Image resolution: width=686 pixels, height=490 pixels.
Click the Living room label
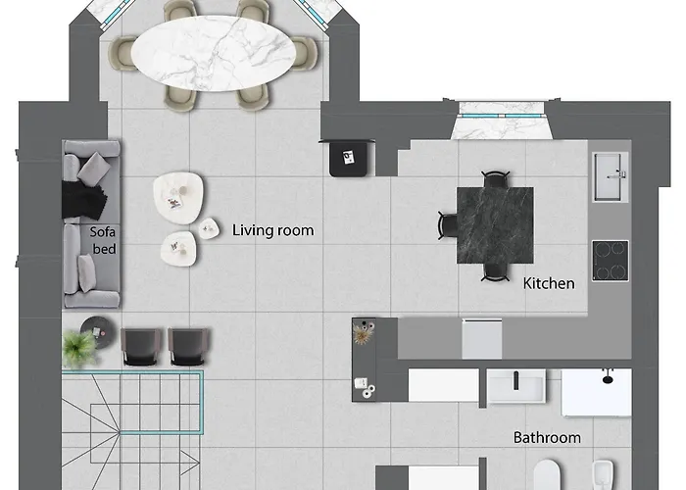[272, 230]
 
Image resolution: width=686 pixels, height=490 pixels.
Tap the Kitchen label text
[549, 283]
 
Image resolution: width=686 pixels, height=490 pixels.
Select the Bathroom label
[547, 437]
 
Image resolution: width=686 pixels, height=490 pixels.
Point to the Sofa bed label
[103, 240]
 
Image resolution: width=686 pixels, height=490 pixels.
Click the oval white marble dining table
[214, 53]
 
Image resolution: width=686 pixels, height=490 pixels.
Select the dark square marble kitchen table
[495, 225]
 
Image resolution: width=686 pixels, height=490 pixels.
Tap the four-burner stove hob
[611, 261]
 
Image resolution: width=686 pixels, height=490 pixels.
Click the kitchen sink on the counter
[611, 176]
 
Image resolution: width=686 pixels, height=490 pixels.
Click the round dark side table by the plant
[99, 332]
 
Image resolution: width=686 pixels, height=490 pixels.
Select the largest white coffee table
[177, 198]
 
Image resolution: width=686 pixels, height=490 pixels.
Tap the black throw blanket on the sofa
[83, 200]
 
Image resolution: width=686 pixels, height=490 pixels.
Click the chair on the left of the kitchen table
[448, 225]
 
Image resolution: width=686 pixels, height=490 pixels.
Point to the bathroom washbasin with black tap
[516, 385]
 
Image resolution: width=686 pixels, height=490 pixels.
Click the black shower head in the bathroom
[608, 377]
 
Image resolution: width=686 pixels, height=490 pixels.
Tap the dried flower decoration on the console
[364, 335]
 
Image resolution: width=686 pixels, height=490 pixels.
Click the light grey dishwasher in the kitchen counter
[482, 339]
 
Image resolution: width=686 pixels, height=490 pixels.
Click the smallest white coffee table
[209, 228]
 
